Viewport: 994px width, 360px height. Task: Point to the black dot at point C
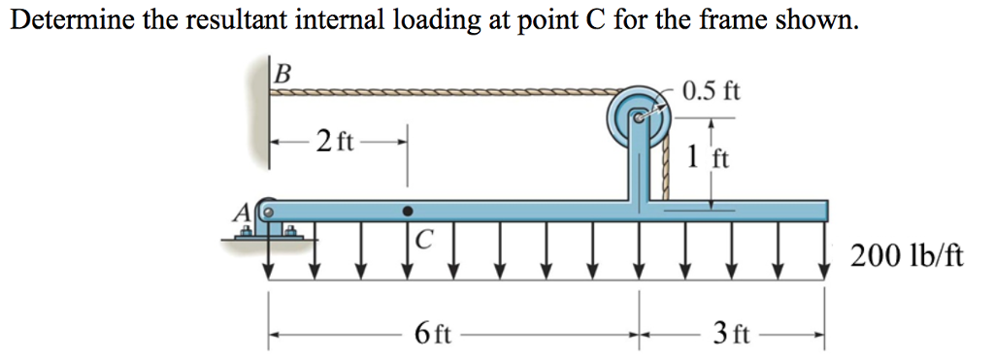point(409,210)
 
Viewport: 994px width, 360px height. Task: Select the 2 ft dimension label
point(336,142)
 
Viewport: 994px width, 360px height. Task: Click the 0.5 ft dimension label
point(711,92)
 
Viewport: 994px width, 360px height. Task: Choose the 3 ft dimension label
point(730,336)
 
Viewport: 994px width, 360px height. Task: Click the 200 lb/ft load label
point(907,256)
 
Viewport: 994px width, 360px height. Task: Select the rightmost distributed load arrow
point(825,252)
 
